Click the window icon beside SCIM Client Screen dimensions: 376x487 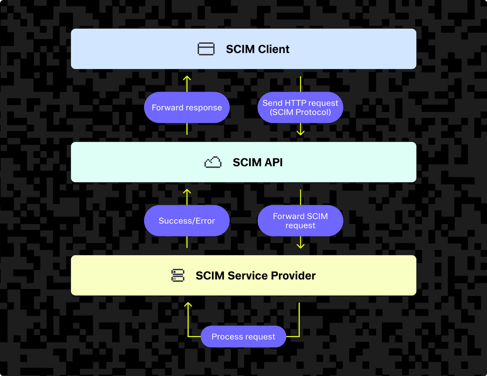click(x=206, y=49)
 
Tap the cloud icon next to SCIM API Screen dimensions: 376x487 click(x=213, y=162)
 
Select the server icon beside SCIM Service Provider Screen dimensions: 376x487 click(x=178, y=275)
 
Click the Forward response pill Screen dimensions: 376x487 click(x=187, y=108)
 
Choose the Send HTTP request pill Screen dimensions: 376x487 click(x=300, y=108)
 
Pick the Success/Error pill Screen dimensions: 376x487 click(x=187, y=221)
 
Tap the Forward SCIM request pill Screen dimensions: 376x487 click(x=300, y=221)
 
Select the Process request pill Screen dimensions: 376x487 click(x=243, y=337)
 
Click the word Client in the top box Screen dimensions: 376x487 click(x=274, y=49)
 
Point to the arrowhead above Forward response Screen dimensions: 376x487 click(x=187, y=78)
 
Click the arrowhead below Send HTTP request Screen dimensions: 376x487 click(x=301, y=133)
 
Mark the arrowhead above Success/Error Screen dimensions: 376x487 click(x=187, y=191)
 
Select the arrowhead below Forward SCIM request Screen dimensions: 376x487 click(x=301, y=246)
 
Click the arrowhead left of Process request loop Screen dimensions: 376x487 click(x=188, y=304)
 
